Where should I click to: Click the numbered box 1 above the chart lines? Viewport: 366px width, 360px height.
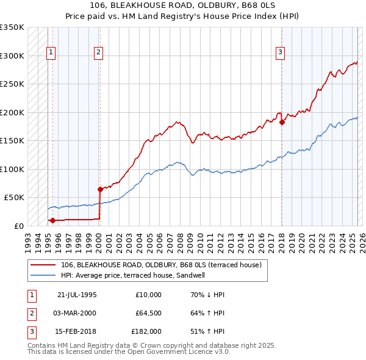click(x=51, y=52)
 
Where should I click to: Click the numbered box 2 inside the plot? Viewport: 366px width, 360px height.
click(x=98, y=52)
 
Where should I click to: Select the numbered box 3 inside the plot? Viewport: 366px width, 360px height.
click(x=280, y=52)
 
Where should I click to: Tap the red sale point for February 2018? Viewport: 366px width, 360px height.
click(x=282, y=122)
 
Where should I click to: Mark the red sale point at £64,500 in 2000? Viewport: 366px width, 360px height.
click(x=100, y=189)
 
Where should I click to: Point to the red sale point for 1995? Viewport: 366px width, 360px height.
click(x=53, y=220)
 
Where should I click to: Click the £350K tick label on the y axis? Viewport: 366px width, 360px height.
click(x=12, y=27)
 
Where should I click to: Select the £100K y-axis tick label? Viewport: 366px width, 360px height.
click(x=12, y=169)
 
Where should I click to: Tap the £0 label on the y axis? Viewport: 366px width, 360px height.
click(x=18, y=226)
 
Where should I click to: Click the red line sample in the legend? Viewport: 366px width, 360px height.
click(x=43, y=265)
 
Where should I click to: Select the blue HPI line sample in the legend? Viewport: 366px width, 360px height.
click(x=43, y=275)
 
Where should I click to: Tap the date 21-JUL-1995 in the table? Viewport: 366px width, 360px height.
click(x=77, y=295)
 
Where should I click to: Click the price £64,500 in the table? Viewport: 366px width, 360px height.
click(x=148, y=313)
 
